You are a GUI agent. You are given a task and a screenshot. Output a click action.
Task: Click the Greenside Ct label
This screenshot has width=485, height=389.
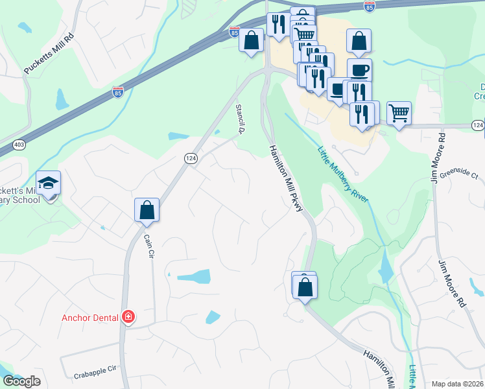point(458,175)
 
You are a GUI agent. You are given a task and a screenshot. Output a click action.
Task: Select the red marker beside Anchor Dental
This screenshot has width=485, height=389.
point(128,317)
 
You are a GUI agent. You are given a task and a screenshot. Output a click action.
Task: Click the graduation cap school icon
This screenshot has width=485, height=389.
point(48,183)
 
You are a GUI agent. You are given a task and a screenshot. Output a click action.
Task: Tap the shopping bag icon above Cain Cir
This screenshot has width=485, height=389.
point(147,210)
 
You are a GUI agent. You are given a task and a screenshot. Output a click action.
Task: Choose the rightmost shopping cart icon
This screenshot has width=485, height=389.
point(399,113)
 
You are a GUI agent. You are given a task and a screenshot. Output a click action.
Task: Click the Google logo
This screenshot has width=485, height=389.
point(21,381)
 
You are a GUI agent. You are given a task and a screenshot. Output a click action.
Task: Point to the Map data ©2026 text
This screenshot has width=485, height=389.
point(458,384)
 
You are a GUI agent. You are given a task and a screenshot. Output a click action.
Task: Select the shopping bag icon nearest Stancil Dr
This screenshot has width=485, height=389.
point(252,40)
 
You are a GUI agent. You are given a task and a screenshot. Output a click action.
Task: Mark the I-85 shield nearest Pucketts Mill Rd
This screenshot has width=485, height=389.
point(117,92)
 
